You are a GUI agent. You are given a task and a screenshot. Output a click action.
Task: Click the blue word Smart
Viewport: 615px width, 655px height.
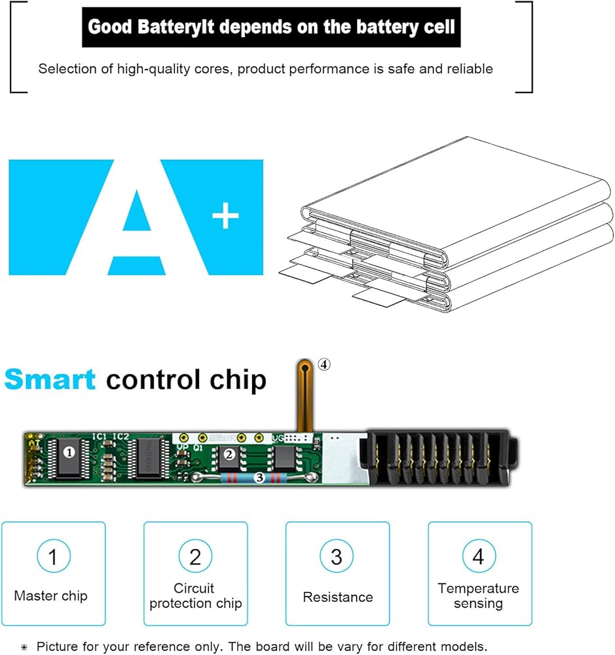pyautogui.click(x=50, y=379)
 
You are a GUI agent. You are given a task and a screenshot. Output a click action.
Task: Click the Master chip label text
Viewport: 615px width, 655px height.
pyautogui.click(x=50, y=596)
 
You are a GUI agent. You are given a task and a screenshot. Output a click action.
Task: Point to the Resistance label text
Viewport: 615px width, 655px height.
pyautogui.click(x=337, y=597)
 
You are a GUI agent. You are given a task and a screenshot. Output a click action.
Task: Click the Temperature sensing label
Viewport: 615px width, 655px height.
pyautogui.click(x=478, y=595)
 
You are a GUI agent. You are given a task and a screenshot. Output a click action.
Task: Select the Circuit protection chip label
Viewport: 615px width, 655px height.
pyautogui.click(x=195, y=595)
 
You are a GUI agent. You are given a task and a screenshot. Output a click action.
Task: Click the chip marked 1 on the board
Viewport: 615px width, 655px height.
pyautogui.click(x=69, y=452)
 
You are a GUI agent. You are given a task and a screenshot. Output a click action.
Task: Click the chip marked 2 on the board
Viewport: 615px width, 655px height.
pyautogui.click(x=229, y=453)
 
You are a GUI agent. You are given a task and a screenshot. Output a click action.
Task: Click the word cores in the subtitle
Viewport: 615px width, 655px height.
pyautogui.click(x=208, y=69)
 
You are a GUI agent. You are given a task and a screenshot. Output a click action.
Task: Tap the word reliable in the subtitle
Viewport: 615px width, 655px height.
pyautogui.click(x=470, y=69)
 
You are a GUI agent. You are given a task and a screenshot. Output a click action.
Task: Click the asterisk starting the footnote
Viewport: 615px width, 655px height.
pyautogui.click(x=24, y=646)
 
